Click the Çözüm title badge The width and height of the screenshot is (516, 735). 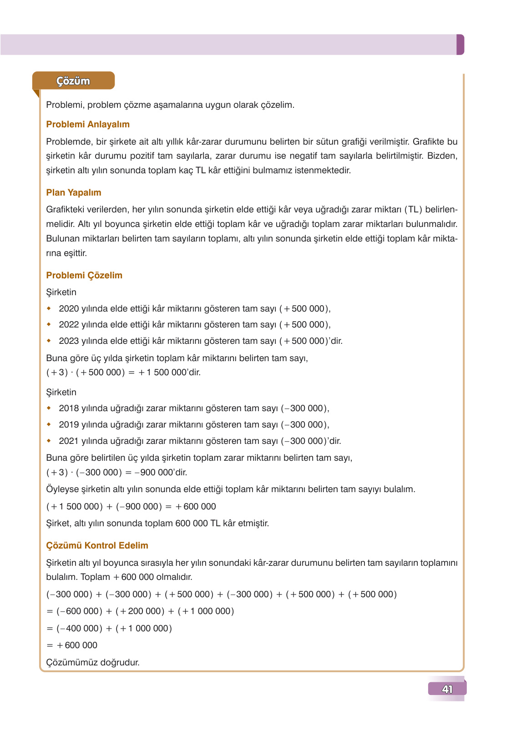tap(73, 81)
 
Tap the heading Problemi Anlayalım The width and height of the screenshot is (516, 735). tap(88, 124)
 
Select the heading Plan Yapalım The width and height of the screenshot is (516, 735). tap(74, 192)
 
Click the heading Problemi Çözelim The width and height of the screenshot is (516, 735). tap(84, 275)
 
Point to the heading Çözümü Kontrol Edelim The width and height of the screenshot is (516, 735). tap(97, 545)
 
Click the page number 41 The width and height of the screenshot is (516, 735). tap(447, 689)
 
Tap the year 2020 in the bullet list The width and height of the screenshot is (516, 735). tap(69, 309)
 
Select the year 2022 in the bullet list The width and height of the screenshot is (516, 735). tap(69, 325)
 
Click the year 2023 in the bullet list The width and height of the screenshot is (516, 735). tap(69, 341)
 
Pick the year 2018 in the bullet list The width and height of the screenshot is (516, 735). tap(69, 408)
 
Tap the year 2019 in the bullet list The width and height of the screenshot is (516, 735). tap(69, 425)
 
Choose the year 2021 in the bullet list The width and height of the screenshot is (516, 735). tap(69, 441)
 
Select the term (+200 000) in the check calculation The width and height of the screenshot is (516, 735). tap(140, 611)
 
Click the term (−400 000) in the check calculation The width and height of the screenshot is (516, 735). tap(79, 629)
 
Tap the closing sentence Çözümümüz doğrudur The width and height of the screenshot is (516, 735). tap(93, 663)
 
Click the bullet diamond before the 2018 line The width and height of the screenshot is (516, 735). tap(49, 408)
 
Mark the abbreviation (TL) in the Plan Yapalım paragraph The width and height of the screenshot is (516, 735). tap(413, 210)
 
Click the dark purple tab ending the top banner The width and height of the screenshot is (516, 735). tap(460, 45)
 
